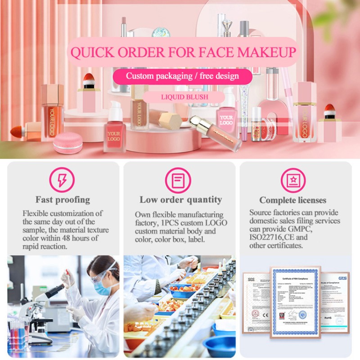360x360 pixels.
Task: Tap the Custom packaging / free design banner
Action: (182, 76)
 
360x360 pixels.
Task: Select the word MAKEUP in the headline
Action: (266, 52)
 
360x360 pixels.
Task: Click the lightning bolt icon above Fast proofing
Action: (63, 180)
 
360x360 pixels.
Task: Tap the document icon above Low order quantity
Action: (178, 180)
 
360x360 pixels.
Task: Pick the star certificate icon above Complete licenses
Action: (293, 180)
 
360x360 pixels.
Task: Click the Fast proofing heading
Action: (63, 199)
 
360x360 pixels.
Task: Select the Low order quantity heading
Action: (180, 199)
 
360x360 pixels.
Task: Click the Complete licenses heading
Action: (292, 200)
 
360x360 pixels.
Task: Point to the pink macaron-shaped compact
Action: (67, 143)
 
